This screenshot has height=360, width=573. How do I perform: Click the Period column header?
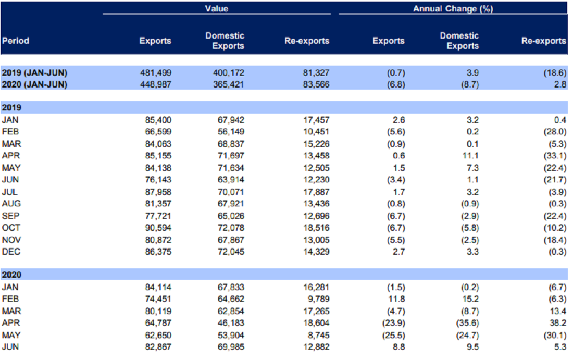point(16,41)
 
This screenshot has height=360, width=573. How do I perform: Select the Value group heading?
point(216,8)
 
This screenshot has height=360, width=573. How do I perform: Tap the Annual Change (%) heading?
point(453,9)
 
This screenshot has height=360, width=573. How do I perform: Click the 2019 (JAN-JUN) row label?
point(35,73)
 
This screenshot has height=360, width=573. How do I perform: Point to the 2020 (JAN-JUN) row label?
point(35,84)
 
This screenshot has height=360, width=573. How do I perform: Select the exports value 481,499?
point(156,73)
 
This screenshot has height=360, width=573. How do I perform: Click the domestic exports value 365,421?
point(229,84)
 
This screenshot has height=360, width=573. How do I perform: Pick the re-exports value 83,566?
point(316,84)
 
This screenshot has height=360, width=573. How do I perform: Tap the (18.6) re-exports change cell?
point(555,73)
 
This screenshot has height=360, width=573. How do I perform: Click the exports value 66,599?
point(158,132)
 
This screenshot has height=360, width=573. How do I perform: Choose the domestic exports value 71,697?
point(231,156)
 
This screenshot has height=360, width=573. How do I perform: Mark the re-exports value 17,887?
point(317,192)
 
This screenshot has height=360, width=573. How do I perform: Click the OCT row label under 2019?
point(11,228)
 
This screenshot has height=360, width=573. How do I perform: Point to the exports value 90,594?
point(158,228)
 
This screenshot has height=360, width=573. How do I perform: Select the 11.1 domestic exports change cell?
point(470,156)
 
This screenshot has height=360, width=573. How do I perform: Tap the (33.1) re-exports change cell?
point(555,156)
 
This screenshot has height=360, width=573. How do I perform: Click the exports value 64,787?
point(158,323)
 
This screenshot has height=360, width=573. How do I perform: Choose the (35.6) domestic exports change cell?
point(467,323)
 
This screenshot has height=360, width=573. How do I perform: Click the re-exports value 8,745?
point(319,335)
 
